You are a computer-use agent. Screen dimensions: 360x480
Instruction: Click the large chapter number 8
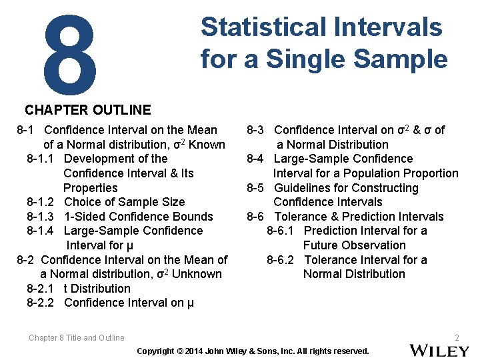click(x=69, y=53)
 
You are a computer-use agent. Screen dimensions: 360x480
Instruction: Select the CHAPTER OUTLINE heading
click(x=88, y=110)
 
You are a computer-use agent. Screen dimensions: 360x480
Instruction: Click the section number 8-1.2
click(x=41, y=202)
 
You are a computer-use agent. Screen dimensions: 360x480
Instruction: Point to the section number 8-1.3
click(x=41, y=217)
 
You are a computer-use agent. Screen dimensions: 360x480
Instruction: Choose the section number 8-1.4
click(x=41, y=231)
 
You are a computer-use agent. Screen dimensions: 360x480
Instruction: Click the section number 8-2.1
click(x=41, y=289)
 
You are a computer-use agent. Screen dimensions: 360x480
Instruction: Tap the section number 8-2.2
click(x=41, y=303)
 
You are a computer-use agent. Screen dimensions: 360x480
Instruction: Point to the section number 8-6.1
click(x=281, y=231)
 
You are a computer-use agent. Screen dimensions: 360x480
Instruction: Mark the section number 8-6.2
click(x=281, y=260)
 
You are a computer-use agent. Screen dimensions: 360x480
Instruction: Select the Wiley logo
click(x=438, y=349)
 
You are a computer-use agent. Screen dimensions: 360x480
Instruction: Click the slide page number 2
click(x=457, y=338)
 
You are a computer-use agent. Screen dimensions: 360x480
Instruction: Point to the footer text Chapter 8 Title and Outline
click(x=77, y=338)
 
